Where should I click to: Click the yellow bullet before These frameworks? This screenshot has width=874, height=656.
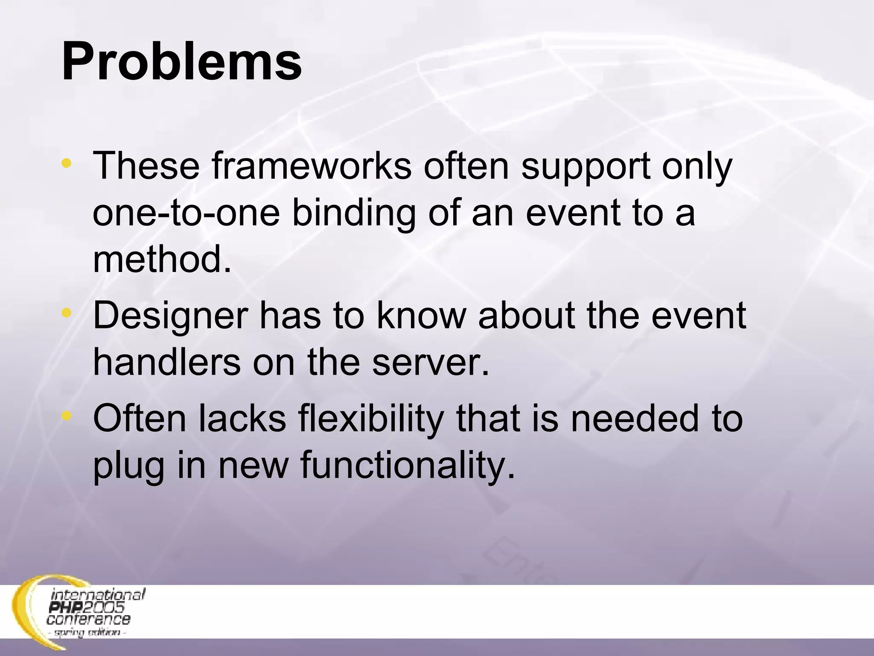(x=66, y=163)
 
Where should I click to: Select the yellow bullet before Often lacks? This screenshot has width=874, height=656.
(x=66, y=416)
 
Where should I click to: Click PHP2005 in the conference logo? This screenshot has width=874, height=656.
(x=87, y=607)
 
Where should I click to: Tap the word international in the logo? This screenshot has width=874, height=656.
(x=98, y=595)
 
